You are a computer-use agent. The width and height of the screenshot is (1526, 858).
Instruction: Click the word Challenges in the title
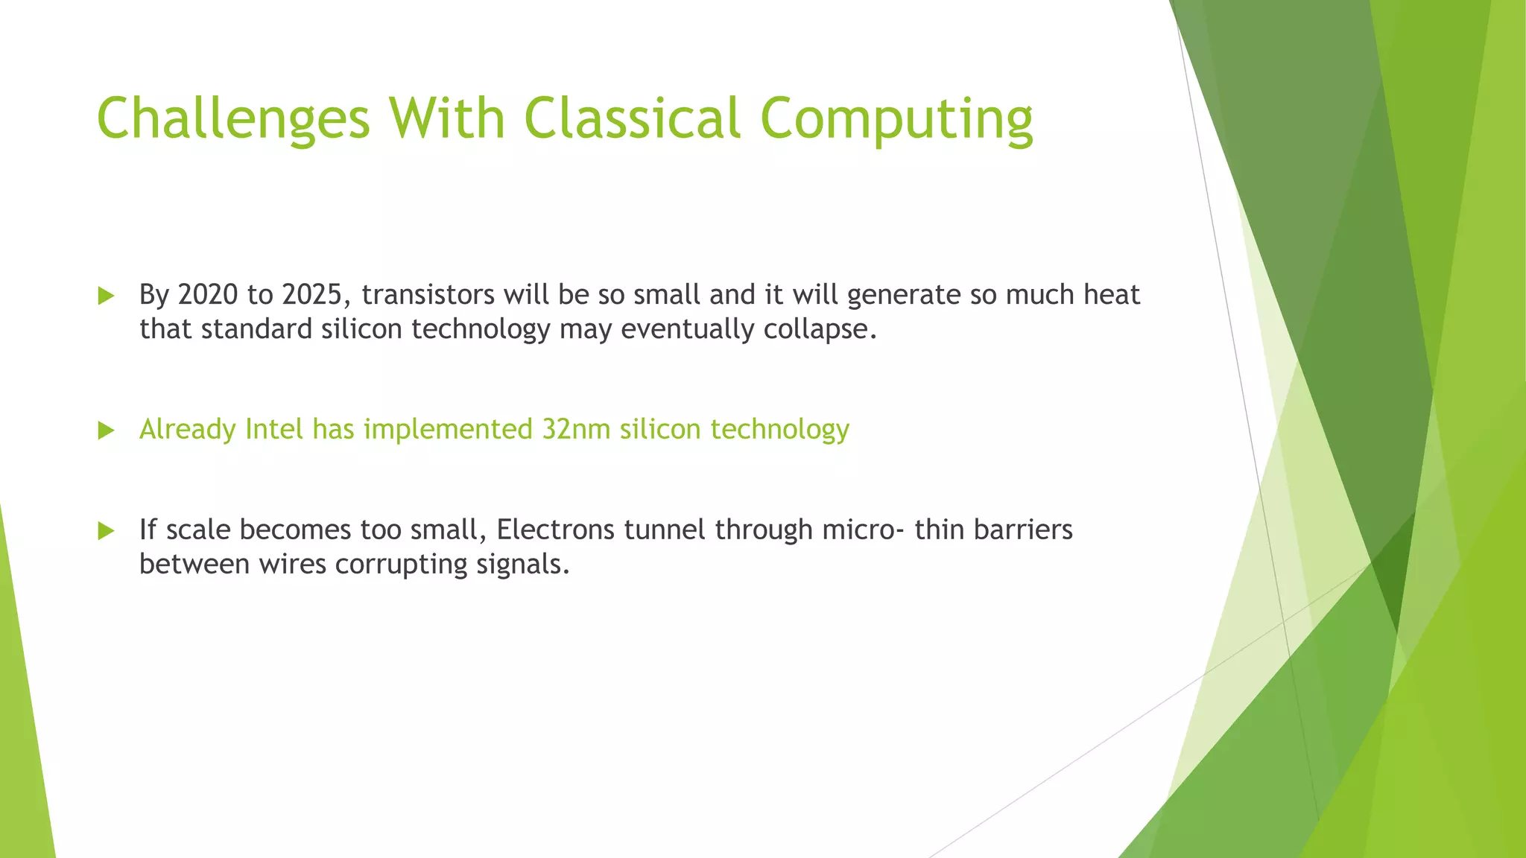tap(233, 118)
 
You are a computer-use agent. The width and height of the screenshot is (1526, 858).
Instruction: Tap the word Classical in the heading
tap(633, 118)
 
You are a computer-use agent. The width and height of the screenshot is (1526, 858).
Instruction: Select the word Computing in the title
tap(896, 118)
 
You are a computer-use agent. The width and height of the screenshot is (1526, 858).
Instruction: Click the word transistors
tap(428, 295)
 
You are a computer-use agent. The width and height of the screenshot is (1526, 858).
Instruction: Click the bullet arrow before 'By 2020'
tap(106, 296)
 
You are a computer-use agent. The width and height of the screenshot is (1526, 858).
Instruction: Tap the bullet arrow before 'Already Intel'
tap(106, 430)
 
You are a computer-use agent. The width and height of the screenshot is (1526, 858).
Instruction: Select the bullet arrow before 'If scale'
tap(106, 531)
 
